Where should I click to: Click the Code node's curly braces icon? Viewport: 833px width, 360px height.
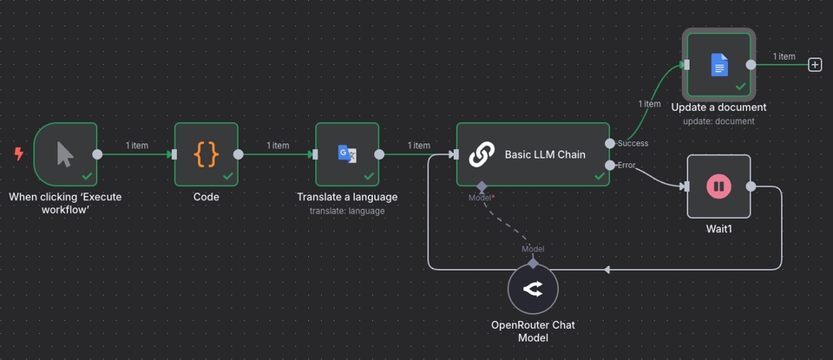[x=206, y=154]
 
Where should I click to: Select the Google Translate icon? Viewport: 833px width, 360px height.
[x=347, y=154]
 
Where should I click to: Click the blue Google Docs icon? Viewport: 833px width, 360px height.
[x=719, y=63]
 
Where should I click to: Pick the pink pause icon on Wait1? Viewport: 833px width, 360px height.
[x=718, y=186]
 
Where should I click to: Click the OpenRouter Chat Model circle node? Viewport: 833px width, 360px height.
[x=533, y=290]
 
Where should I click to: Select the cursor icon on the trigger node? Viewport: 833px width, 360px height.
[x=65, y=154]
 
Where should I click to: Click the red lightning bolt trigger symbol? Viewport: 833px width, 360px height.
[x=19, y=154]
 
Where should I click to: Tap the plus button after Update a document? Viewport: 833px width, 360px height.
[x=815, y=64]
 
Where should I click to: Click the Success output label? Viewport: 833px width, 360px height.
[x=633, y=143]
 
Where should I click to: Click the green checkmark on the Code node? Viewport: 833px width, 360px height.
[x=227, y=175]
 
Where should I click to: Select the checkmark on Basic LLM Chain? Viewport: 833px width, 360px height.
[x=599, y=175]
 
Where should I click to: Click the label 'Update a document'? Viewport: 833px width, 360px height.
[x=718, y=108]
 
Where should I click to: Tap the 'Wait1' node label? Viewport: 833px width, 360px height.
[x=718, y=230]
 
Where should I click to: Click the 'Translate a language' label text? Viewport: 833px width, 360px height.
[x=347, y=197]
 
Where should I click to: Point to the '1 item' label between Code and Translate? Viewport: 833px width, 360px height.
[x=278, y=146]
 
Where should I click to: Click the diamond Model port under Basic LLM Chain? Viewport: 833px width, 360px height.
[x=481, y=186]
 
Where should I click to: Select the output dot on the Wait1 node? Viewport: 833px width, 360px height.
[x=751, y=186]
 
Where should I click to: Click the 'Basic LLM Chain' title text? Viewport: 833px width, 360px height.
[x=545, y=155]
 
